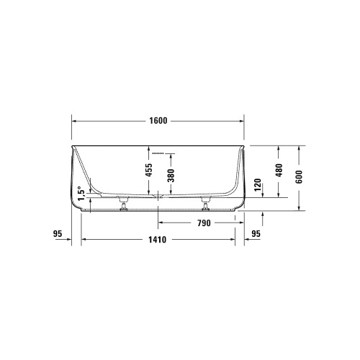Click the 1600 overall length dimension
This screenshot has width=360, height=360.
158,120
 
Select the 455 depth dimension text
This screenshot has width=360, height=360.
149,171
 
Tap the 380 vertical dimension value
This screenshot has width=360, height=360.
171,177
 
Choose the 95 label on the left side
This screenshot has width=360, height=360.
58,233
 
